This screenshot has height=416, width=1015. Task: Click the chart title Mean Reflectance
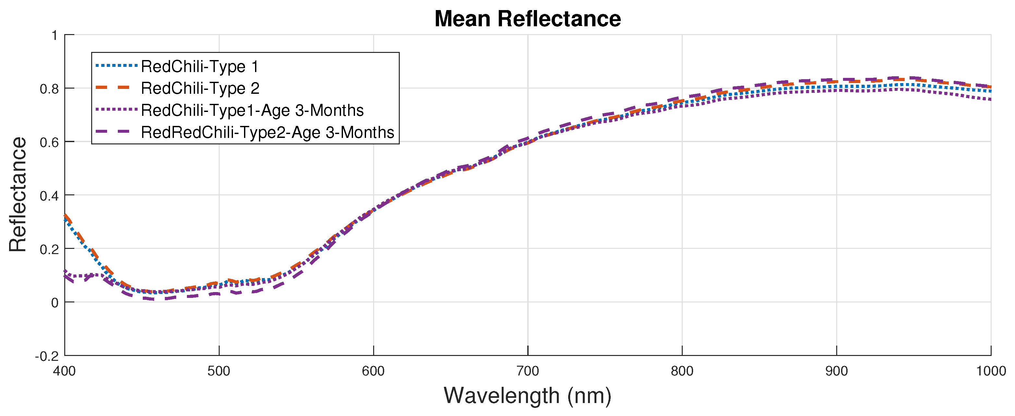tap(527, 19)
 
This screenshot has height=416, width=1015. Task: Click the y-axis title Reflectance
tap(18, 195)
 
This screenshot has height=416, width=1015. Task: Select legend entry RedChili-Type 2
tap(200, 88)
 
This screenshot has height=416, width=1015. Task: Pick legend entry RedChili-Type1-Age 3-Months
tap(252, 110)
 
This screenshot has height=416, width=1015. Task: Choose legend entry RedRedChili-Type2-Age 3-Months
tap(267, 132)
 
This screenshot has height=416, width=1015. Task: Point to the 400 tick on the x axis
tap(65, 371)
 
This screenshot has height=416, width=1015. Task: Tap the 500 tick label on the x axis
tap(219, 371)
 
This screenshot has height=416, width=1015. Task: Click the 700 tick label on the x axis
tap(528, 371)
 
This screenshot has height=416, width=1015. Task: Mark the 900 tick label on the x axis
tap(837, 371)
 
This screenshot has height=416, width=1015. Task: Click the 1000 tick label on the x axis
tap(991, 371)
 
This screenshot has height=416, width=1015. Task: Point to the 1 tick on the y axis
tap(55, 35)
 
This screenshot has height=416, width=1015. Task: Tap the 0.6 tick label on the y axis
tap(49, 142)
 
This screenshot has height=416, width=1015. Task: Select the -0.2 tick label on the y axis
tap(47, 356)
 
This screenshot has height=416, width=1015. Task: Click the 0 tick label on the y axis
tap(55, 302)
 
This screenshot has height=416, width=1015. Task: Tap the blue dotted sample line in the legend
tap(116, 66)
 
